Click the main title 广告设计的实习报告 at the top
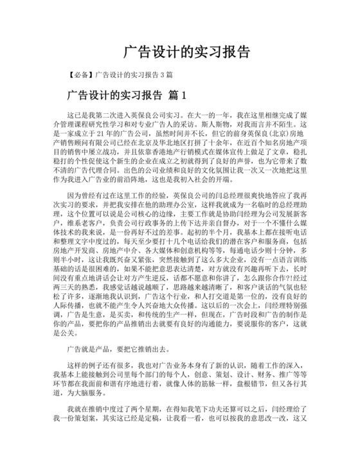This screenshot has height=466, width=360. pos(186,51)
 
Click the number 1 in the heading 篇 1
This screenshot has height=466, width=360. pos(183,95)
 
